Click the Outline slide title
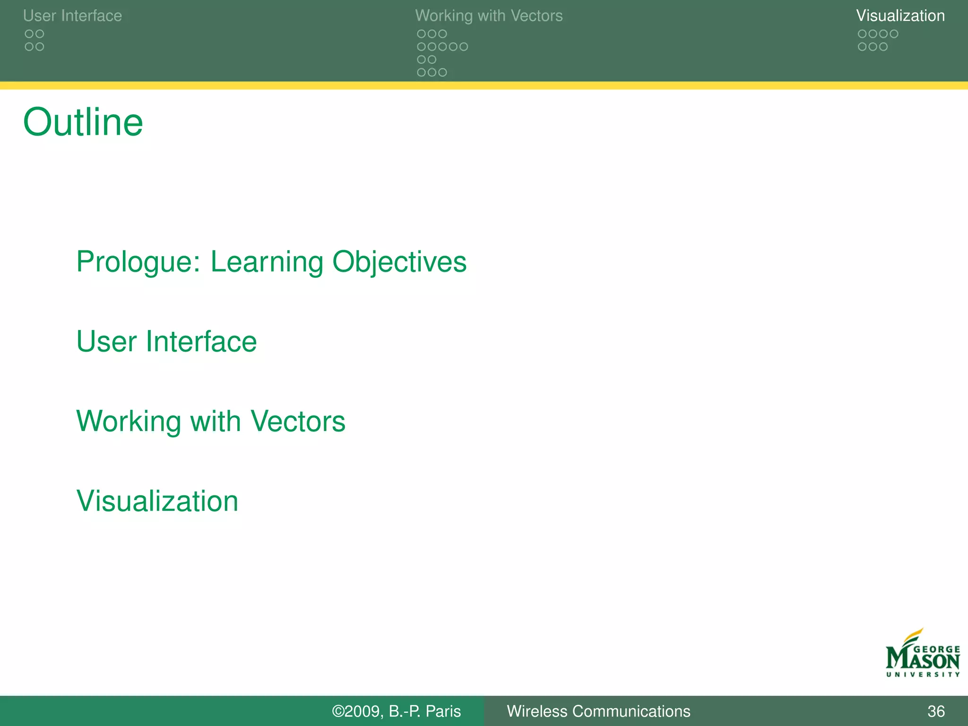[x=83, y=122]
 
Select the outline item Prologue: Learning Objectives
[x=271, y=261]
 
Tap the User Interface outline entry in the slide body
[x=166, y=341]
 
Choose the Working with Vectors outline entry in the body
[x=211, y=421]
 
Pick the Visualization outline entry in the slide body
[x=157, y=501]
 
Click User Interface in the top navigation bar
[x=72, y=16]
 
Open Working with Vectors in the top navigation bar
[x=489, y=16]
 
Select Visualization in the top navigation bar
[x=900, y=16]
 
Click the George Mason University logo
[x=923, y=654]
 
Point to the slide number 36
[x=936, y=711]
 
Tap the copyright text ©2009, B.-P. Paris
[x=396, y=711]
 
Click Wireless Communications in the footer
[x=598, y=711]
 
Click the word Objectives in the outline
[x=399, y=261]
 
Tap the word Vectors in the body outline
[x=298, y=421]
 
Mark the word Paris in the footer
[x=443, y=711]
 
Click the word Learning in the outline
[x=267, y=261]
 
